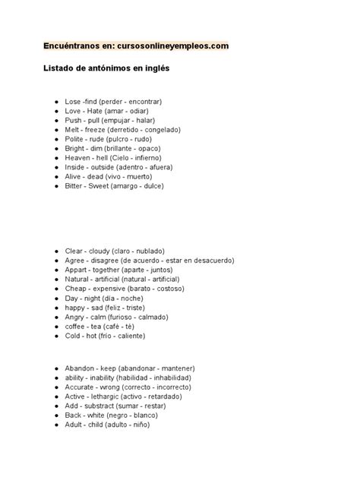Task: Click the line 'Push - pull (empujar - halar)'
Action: (110, 120)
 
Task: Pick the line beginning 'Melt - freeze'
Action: (123, 130)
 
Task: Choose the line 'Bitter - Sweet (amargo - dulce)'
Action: (116, 186)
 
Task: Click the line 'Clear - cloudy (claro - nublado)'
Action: (115, 251)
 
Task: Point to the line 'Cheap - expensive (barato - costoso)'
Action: (125, 289)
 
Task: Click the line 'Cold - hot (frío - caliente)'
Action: (105, 335)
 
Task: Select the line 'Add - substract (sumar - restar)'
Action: (118, 406)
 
